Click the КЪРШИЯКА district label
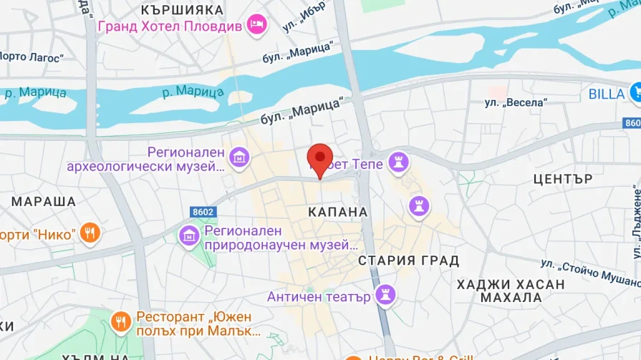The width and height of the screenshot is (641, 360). coord(182,10)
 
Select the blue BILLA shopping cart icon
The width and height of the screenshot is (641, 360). coord(635,93)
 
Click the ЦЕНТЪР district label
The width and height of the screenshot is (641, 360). coord(563,179)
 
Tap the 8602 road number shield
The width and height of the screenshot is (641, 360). coord(203,212)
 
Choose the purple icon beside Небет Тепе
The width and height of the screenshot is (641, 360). coord(396,161)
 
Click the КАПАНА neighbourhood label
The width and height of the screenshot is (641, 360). coord(338,213)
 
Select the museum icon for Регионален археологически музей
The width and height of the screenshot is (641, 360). coord(239,155)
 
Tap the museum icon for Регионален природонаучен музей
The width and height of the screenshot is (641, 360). coord(189,234)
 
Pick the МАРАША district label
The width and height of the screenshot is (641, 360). coord(44,201)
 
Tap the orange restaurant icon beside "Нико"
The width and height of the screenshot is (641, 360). coord(90,233)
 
